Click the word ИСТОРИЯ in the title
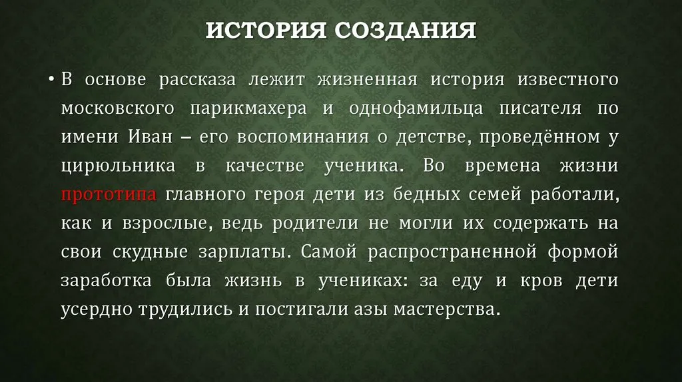coord(266,31)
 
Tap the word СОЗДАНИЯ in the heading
coord(406,31)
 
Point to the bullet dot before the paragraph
coord(52,80)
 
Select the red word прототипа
coord(109,194)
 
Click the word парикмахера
coord(248,108)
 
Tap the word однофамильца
coord(416,108)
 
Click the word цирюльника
coord(119,166)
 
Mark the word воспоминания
coord(303,137)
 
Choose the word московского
coord(117,108)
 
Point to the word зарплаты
coord(246,252)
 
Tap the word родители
coord(315,224)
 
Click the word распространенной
coord(452,252)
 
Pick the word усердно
coord(97,310)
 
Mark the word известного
coord(567,80)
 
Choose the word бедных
coord(427,194)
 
